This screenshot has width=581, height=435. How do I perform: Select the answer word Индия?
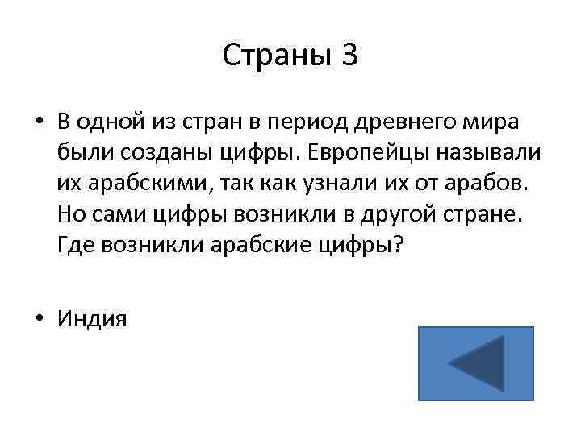tap(92, 320)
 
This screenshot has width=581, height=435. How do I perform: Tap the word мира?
tap(491, 121)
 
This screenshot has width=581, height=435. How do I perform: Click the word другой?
tap(397, 213)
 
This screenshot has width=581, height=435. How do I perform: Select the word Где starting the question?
tap(74, 245)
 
